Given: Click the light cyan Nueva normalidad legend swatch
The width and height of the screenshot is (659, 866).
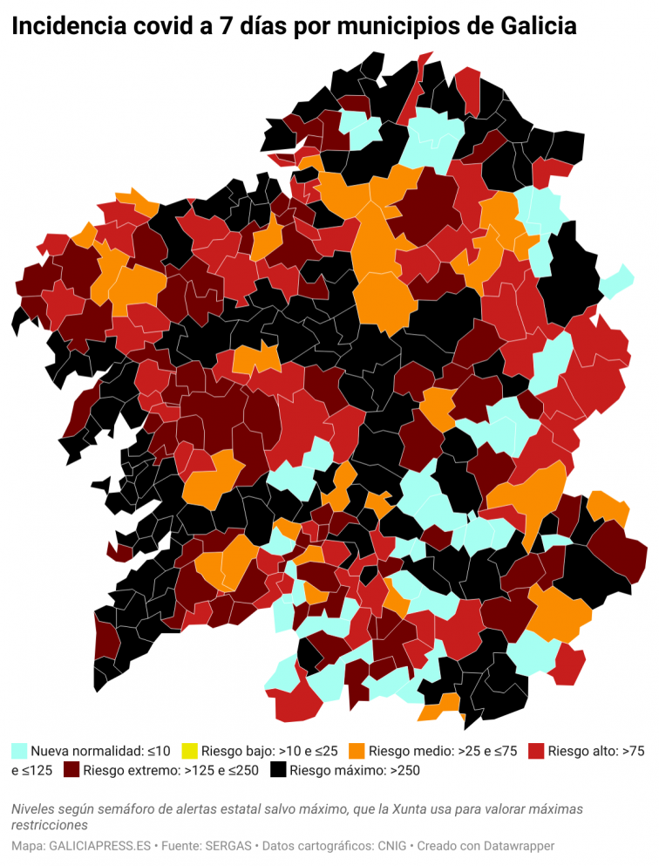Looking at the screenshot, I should (19, 750).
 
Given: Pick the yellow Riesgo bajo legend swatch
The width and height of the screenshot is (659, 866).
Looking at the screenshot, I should (189, 750).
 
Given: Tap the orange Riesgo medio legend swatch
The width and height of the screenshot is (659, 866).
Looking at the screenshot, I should (357, 750).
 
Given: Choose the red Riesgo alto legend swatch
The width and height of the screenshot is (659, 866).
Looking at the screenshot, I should (536, 750).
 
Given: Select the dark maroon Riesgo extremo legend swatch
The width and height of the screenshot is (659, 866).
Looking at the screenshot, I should (71, 770).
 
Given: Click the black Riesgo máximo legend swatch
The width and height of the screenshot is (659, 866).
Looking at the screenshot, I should (278, 770).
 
